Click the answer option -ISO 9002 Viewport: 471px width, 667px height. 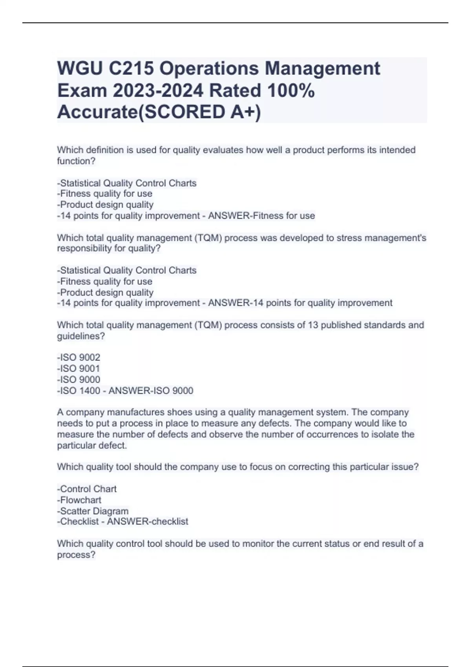click(78, 357)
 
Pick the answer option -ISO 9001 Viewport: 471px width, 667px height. click(78, 368)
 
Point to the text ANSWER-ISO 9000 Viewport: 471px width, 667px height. click(151, 390)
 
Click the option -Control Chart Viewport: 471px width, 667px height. click(87, 489)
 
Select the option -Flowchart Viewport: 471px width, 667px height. click(79, 500)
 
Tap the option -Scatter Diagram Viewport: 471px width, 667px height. click(93, 511)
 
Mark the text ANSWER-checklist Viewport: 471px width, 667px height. click(148, 521)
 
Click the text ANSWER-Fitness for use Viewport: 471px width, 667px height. click(261, 215)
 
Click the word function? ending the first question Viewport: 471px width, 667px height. click(76, 161)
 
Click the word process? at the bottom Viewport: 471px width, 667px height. click(76, 555)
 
